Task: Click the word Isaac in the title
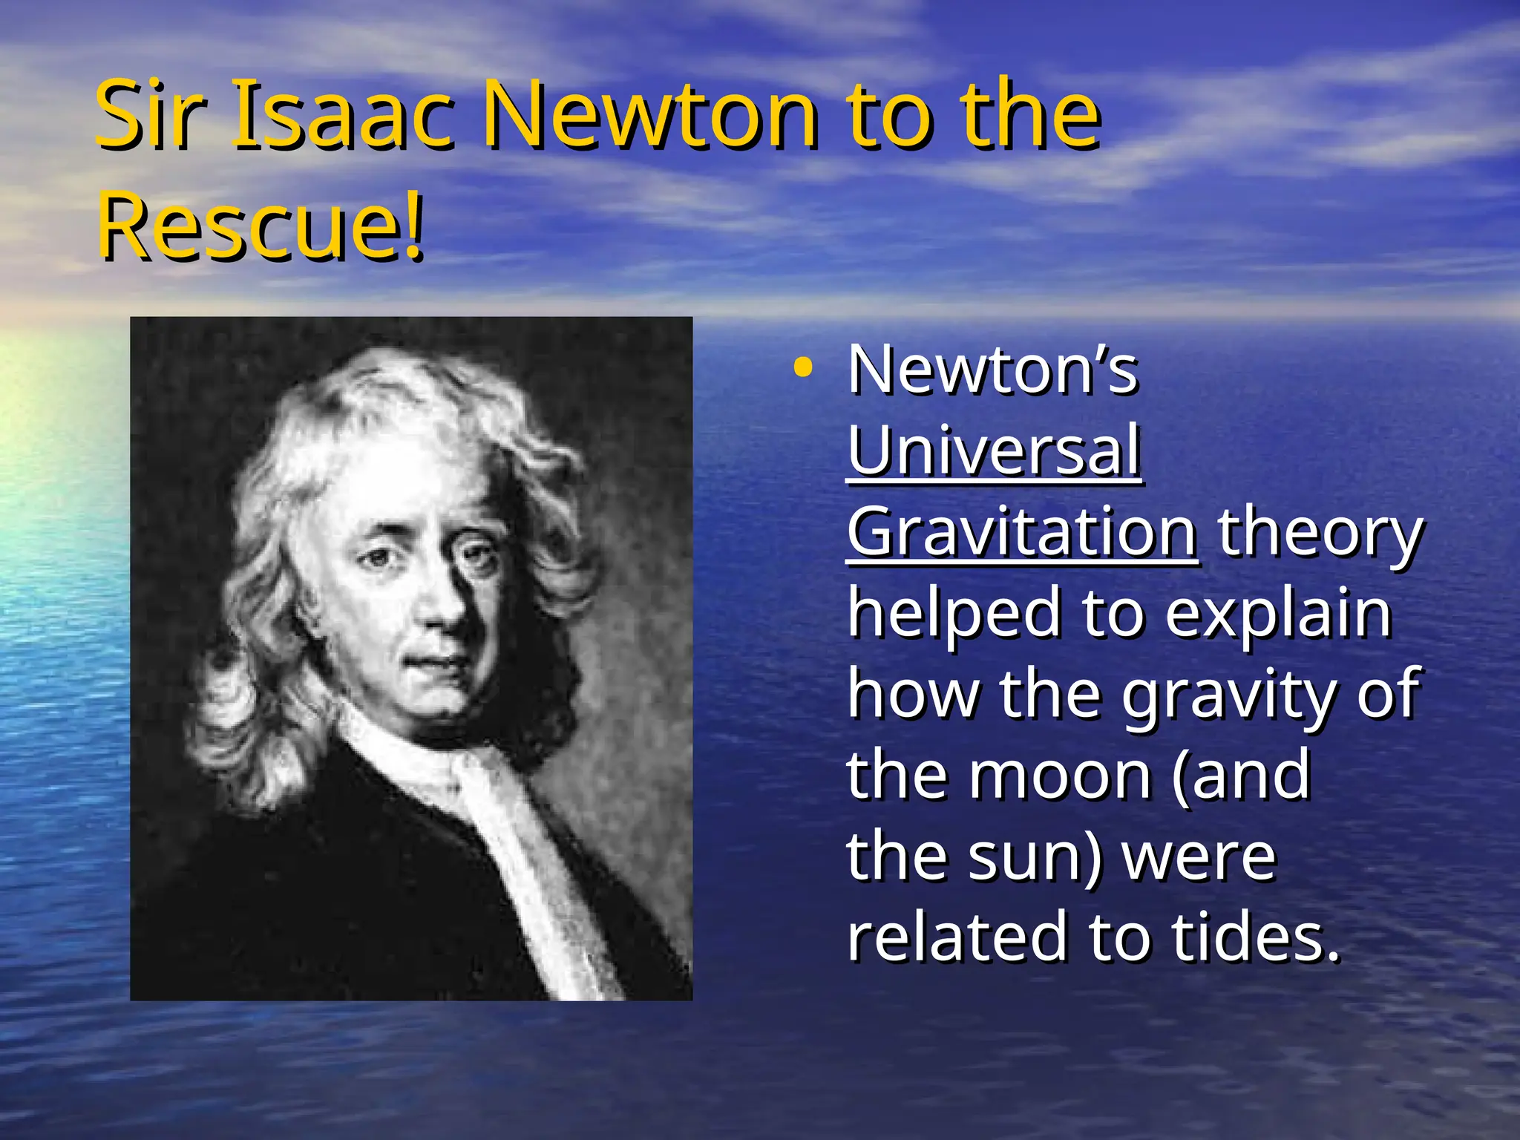coord(342,115)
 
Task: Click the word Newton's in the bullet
coord(992,369)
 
